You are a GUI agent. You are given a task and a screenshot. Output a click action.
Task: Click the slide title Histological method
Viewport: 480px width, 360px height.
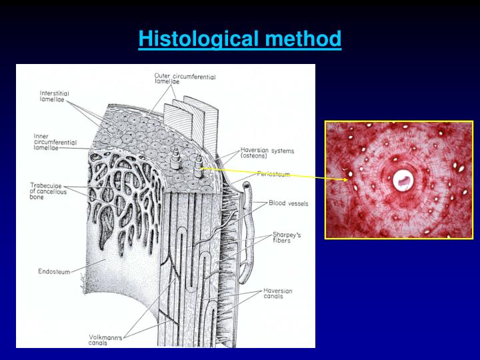(240, 39)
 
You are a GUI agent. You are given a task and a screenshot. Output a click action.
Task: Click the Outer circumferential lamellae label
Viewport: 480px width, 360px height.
(185, 79)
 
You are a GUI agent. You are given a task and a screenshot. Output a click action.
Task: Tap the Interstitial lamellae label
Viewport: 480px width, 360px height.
(54, 96)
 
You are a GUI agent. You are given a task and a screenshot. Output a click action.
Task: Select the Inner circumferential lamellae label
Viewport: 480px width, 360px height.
(55, 142)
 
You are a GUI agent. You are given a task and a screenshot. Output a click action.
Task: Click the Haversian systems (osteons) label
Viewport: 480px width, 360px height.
(267, 153)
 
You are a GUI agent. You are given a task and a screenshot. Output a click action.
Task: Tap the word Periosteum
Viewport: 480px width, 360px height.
(272, 173)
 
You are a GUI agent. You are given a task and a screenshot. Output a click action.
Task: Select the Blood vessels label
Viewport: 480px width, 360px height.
(288, 203)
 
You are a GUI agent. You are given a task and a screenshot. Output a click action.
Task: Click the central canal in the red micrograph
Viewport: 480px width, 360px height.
(402, 179)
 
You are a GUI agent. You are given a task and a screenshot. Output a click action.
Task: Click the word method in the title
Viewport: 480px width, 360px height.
(303, 39)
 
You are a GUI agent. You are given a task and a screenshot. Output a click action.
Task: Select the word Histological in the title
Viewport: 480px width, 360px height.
(198, 39)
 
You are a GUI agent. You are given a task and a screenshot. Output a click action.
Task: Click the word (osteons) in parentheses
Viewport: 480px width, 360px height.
(254, 157)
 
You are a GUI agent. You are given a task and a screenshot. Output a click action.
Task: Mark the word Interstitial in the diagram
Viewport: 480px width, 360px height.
(54, 93)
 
